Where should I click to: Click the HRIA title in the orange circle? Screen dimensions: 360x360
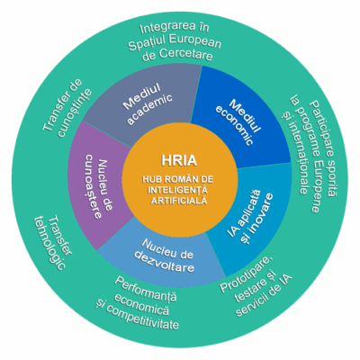(179, 160)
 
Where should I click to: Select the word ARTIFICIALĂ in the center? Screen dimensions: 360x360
(179, 201)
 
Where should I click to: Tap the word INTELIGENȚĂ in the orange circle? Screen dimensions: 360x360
(178, 190)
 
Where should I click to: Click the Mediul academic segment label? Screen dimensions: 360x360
(148, 104)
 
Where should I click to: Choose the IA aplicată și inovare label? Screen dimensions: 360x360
(250, 212)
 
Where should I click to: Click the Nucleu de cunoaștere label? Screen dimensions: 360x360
(97, 186)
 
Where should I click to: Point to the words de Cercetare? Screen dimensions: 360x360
(177, 55)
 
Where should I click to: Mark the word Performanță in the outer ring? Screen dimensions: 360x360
(146, 288)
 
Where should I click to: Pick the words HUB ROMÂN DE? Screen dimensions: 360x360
(178, 180)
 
